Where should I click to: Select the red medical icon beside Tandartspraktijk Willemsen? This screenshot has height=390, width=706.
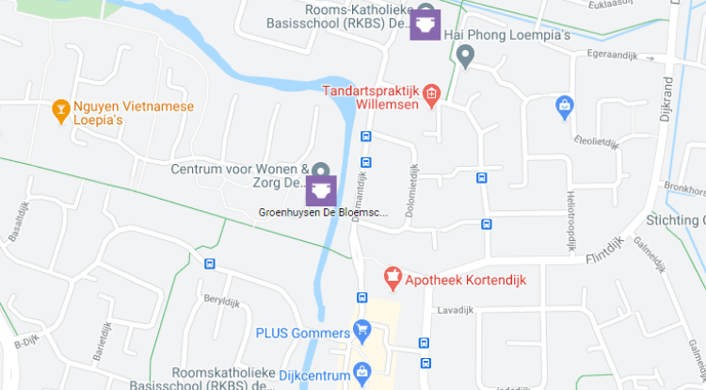click(432, 93)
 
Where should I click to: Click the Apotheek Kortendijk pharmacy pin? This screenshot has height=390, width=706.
click(393, 279)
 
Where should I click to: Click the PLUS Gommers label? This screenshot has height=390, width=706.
click(301, 332)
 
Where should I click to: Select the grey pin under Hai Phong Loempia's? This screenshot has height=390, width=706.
click(464, 57)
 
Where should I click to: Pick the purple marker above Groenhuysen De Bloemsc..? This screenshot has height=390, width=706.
click(321, 191)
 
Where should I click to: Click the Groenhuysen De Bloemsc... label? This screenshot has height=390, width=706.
click(323, 213)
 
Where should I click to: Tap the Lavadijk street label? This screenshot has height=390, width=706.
click(455, 310)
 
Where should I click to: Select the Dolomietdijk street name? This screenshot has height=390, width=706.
click(411, 190)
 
